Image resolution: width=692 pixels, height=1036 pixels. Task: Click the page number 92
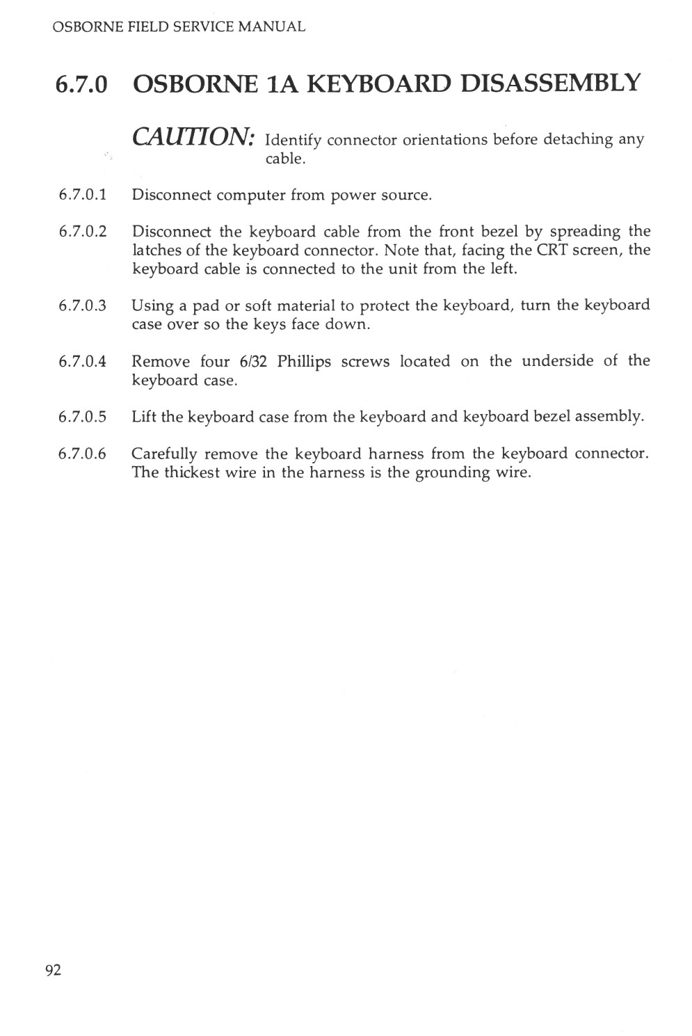point(54,970)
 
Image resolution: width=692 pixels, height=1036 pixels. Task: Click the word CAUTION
point(196,136)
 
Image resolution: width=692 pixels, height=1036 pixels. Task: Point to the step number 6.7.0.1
point(83,195)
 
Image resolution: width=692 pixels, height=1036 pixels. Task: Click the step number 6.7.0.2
point(83,232)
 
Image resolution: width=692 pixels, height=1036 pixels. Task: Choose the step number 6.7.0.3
point(83,305)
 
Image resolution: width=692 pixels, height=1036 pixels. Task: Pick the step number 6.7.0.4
point(83,361)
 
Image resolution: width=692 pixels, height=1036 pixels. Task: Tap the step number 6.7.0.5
point(83,417)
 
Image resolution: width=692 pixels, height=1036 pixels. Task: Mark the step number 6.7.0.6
point(83,454)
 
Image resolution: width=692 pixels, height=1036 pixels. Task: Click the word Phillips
point(304,362)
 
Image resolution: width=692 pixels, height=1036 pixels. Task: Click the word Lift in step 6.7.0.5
point(144,417)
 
